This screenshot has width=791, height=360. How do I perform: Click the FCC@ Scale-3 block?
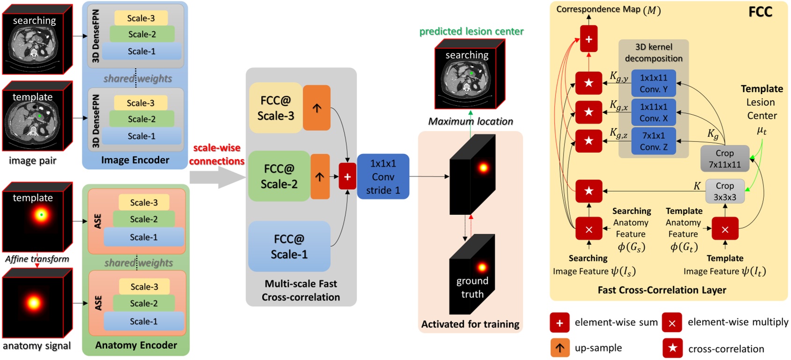tap(276, 108)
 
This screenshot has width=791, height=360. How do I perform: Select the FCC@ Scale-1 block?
tap(289, 247)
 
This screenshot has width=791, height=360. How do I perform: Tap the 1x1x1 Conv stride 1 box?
tap(383, 177)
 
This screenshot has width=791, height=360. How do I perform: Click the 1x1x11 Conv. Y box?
tap(653, 83)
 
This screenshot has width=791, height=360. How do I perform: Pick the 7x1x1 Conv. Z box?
tap(653, 141)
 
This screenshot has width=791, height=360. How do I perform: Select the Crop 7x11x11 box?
tap(724, 159)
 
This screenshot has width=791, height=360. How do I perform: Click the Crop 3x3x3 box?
tap(724, 191)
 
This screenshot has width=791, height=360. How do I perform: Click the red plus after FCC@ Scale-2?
tap(347, 177)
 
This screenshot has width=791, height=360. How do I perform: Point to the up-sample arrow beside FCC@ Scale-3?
tap(317, 108)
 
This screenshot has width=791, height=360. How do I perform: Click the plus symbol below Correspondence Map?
tap(588, 39)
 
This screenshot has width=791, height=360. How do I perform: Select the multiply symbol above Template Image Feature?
tap(725, 229)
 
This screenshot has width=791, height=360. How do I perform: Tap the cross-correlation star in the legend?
tap(672, 348)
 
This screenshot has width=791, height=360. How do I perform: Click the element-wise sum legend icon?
tap(559, 323)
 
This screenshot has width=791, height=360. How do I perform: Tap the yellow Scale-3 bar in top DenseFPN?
tap(141, 18)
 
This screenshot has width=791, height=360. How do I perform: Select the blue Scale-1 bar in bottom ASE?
tap(144, 322)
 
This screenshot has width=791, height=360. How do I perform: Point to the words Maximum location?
tap(470, 122)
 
